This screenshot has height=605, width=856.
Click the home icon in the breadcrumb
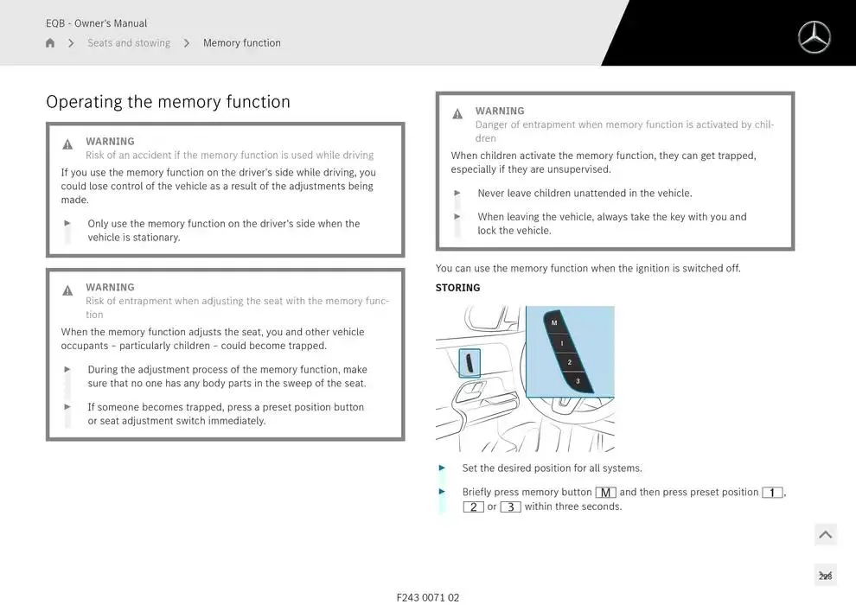(x=50, y=42)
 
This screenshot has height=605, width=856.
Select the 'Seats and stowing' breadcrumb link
(x=129, y=42)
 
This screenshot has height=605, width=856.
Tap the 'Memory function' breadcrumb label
(x=242, y=42)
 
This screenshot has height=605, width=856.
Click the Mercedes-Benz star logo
(x=814, y=37)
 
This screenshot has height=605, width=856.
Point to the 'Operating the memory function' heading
(x=168, y=101)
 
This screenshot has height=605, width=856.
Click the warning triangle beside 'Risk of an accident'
(x=67, y=144)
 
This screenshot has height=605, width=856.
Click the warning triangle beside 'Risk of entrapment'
(x=67, y=290)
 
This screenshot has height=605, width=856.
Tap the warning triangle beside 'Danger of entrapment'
(x=457, y=113)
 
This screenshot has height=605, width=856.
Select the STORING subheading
(x=457, y=288)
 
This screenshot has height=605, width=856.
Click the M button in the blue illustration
(x=554, y=322)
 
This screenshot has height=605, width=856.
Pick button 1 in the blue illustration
(x=562, y=343)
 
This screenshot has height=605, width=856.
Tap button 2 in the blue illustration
(x=570, y=362)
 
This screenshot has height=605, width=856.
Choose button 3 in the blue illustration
(x=578, y=381)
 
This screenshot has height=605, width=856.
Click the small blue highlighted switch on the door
(x=470, y=363)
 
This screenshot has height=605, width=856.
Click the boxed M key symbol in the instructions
(x=605, y=493)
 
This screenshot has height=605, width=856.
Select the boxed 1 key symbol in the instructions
(x=772, y=493)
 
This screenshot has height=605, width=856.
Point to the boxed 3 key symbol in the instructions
(x=510, y=506)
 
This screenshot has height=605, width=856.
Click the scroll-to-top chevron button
(x=826, y=535)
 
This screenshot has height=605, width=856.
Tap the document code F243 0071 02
(x=428, y=597)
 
